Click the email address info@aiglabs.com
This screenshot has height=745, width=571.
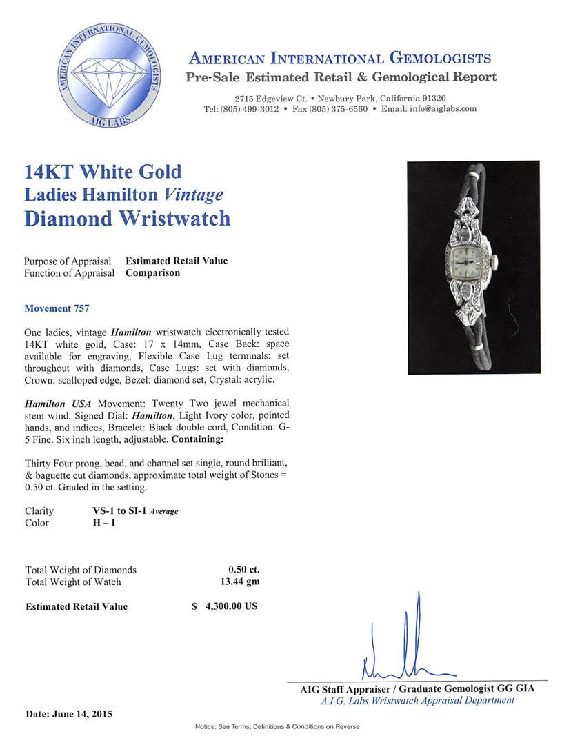(x=439, y=109)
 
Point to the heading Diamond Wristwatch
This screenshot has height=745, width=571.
(x=127, y=218)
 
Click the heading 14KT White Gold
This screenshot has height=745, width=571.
(x=103, y=171)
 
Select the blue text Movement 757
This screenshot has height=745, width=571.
(x=57, y=308)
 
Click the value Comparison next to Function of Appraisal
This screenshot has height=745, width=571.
(x=152, y=272)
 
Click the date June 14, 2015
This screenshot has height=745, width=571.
(x=68, y=714)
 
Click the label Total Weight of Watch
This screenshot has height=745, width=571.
(x=73, y=582)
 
